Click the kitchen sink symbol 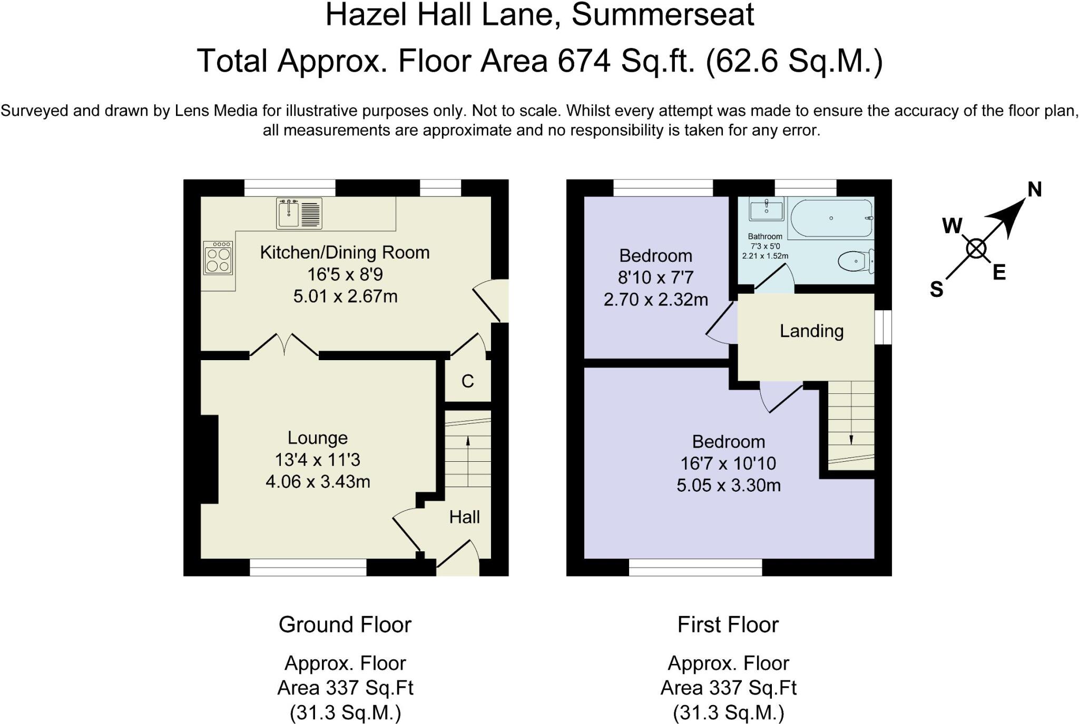299,213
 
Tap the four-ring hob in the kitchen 218,258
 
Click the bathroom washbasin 766,209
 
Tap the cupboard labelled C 468,381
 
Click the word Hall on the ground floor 464,517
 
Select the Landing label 811,331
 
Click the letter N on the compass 1035,190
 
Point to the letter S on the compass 936,289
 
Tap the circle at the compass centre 976,249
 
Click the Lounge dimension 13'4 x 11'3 317,460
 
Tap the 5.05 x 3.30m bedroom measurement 729,485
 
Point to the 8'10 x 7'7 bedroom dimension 655,277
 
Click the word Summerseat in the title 663,15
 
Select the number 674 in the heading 584,61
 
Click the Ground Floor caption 345,624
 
